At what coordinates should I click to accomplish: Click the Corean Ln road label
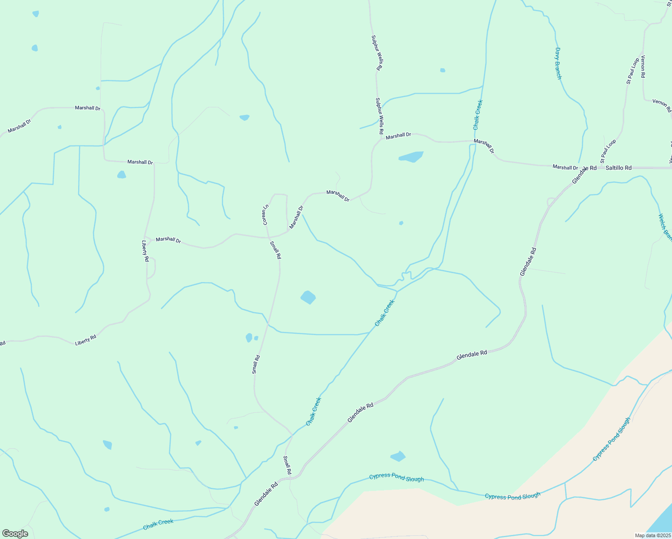(265, 215)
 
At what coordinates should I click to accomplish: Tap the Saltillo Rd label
(619, 168)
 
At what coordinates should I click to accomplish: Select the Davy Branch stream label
(558, 63)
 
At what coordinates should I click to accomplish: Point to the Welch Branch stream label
(665, 227)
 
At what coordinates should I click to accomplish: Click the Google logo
(15, 534)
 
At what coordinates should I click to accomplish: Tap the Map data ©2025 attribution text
(652, 535)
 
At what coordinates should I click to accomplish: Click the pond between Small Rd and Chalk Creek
(308, 297)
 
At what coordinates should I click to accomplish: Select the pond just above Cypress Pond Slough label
(398, 456)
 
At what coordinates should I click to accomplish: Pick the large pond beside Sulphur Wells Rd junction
(411, 157)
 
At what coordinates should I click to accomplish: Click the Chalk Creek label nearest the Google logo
(158, 524)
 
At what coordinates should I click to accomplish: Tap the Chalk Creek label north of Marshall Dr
(478, 115)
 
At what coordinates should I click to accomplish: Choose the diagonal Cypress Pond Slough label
(611, 439)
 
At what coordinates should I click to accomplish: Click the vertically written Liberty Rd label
(145, 251)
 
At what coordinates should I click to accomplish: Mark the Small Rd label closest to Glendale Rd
(287, 465)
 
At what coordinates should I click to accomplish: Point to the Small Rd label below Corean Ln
(275, 250)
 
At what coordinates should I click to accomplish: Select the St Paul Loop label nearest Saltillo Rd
(608, 151)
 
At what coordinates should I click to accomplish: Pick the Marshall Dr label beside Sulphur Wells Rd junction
(398, 135)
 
